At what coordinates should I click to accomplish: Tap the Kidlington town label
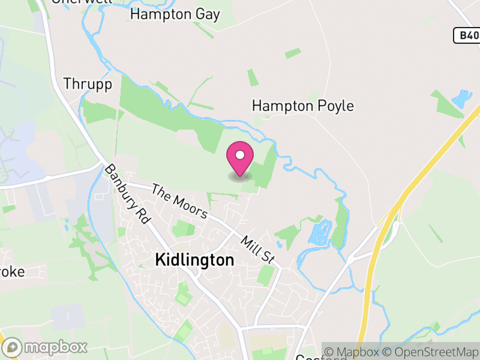(x=194, y=260)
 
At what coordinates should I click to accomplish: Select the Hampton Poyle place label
(x=302, y=106)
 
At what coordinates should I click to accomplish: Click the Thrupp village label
(x=88, y=84)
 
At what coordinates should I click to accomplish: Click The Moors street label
(x=179, y=201)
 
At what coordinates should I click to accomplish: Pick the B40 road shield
(x=467, y=36)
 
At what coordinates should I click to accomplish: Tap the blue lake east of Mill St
(x=320, y=232)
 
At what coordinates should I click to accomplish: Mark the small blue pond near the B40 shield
(x=461, y=98)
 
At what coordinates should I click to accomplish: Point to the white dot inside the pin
(x=239, y=155)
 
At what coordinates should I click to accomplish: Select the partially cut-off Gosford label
(x=321, y=356)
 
